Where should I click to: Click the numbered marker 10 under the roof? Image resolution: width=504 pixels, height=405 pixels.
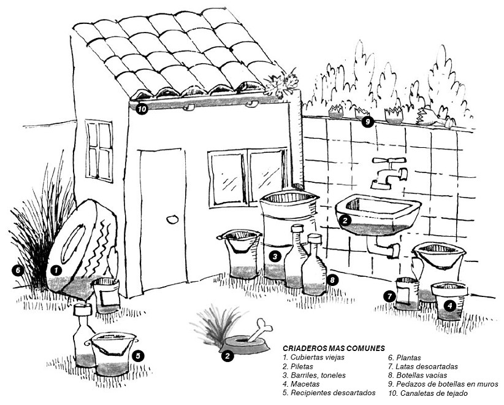pos(142,110)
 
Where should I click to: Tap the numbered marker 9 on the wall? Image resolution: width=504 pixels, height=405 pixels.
pos(367,121)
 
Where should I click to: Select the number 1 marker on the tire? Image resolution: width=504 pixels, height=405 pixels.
pos(56,269)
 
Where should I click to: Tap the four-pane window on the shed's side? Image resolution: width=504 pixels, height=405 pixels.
pos(99,150)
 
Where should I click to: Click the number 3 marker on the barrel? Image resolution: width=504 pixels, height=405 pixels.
pos(276,256)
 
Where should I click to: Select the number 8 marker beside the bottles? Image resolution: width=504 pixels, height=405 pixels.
pos(332,280)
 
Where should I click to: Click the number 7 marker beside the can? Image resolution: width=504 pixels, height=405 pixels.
pos(389,296)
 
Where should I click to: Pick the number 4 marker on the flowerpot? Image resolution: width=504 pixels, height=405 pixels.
pos(451,305)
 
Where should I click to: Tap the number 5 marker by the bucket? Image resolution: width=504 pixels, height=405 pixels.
pos(139,355)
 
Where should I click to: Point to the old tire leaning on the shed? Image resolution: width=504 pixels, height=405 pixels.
pos(80,245)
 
